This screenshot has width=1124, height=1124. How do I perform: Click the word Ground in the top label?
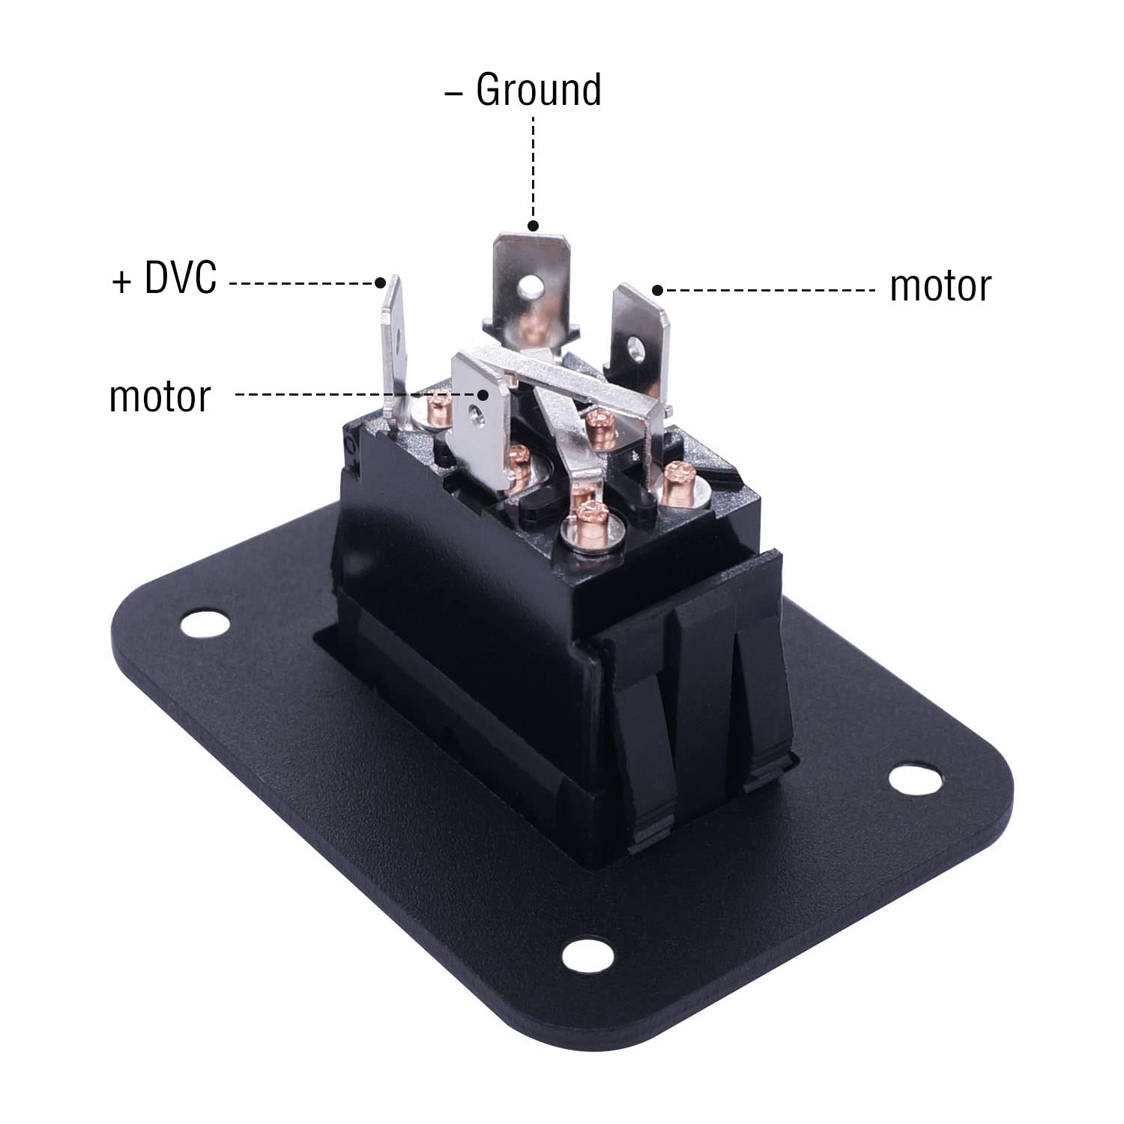pos(538,91)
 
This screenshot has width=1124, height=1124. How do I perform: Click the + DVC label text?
pos(164,278)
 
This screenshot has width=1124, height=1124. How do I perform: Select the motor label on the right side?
pos(940,286)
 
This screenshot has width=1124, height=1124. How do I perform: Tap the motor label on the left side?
pos(160,396)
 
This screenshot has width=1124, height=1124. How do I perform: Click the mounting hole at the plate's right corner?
pos(915,779)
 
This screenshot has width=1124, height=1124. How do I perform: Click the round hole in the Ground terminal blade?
pos(531,285)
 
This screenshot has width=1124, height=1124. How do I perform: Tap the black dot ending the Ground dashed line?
pos(533,226)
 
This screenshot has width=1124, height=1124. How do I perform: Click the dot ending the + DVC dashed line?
pos(380,282)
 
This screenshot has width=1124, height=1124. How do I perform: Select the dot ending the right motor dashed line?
pos(657,290)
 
